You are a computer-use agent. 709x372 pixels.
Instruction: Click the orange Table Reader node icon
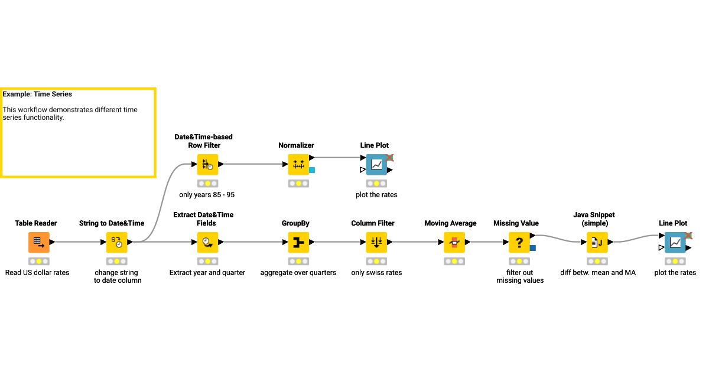[39, 242]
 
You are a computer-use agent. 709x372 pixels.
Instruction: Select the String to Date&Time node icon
[117, 242]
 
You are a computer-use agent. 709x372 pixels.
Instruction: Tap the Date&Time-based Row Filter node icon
[207, 165]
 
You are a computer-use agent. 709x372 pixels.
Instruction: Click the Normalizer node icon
[298, 165]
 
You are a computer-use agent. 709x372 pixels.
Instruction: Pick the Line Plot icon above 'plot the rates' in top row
[376, 165]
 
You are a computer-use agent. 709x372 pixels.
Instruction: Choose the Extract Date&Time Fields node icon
[207, 242]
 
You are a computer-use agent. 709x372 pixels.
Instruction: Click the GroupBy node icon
[298, 242]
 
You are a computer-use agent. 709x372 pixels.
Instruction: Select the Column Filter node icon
[376, 242]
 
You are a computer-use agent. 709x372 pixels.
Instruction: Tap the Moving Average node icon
[454, 242]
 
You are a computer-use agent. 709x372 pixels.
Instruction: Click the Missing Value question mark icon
[519, 242]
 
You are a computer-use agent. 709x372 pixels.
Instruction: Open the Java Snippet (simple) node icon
[597, 242]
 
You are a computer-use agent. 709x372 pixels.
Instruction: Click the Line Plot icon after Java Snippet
[675, 242]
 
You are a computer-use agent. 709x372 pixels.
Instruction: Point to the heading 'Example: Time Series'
[37, 94]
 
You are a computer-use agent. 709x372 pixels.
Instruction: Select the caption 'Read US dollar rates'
[37, 273]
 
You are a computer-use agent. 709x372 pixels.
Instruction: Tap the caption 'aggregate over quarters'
[298, 273]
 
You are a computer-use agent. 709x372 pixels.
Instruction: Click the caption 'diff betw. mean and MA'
[598, 273]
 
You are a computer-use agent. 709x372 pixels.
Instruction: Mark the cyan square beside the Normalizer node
[312, 170]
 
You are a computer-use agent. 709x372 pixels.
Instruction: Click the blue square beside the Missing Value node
[533, 248]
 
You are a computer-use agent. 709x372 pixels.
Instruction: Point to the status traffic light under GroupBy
[298, 261]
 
